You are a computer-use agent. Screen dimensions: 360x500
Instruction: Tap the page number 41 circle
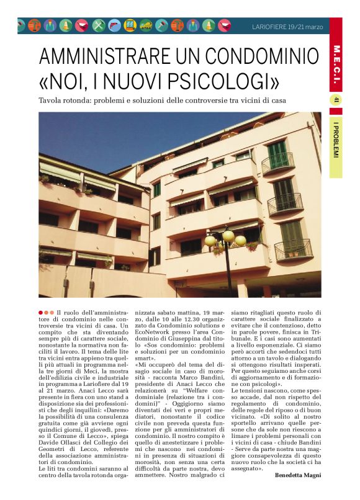coord(336,100)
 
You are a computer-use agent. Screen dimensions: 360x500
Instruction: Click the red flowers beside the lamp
coord(251,246)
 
